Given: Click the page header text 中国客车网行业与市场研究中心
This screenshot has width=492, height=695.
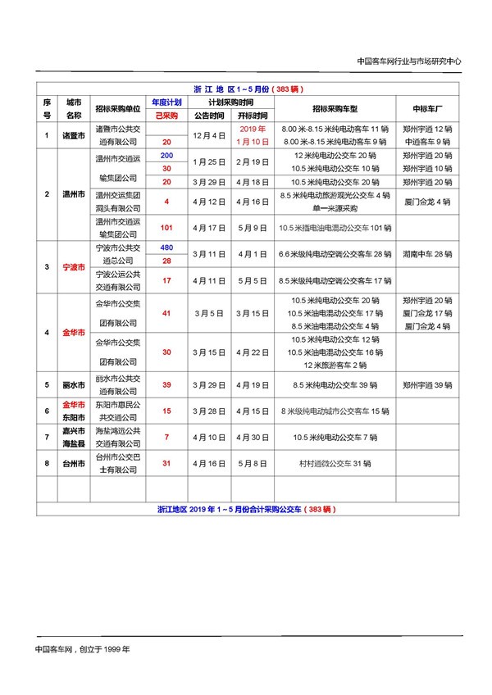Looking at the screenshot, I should [x=410, y=61].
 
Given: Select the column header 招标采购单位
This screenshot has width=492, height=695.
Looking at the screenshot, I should [x=117, y=108].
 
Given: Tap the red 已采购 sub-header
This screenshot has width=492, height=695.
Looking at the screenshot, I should [x=166, y=116].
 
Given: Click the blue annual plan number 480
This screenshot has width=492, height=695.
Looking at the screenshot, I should [x=166, y=248].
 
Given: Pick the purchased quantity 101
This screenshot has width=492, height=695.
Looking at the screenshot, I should [x=166, y=227].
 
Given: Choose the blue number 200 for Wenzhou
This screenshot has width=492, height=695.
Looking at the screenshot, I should [x=166, y=155].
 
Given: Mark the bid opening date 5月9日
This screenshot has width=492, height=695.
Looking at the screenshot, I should [x=253, y=227].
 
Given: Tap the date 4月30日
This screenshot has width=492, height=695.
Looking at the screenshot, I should [x=253, y=437].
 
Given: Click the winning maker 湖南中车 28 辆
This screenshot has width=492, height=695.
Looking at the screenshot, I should [x=428, y=254].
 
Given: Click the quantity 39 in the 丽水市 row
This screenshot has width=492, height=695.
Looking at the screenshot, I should [x=166, y=384].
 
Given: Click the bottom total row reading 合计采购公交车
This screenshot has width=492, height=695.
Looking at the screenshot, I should [x=246, y=509].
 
